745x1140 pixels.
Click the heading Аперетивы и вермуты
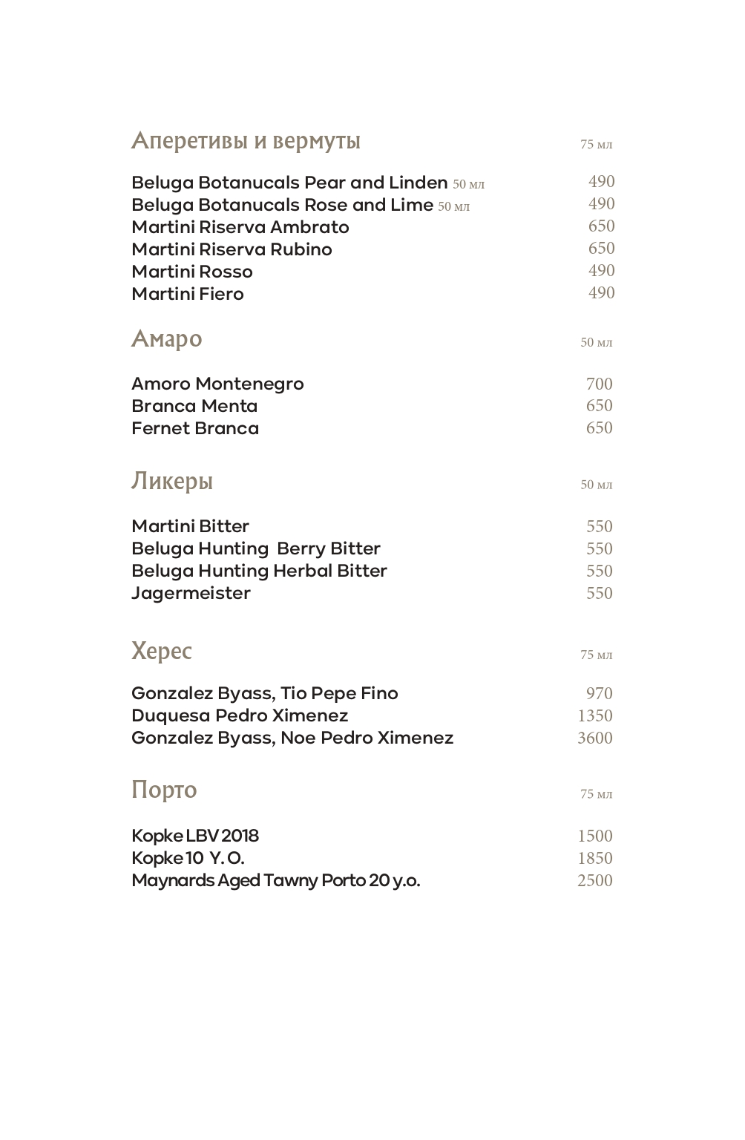click(246, 140)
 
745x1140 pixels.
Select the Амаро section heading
click(166, 338)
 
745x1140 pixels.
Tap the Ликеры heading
click(171, 481)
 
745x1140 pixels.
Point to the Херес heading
click(161, 651)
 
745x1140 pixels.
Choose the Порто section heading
click(163, 789)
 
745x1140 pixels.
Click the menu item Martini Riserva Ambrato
click(240, 227)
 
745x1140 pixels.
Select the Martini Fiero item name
click(187, 294)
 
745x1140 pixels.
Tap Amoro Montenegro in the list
click(217, 384)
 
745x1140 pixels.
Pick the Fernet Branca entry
click(194, 428)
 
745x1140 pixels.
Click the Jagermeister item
click(191, 593)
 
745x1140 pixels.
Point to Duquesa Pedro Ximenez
click(239, 715)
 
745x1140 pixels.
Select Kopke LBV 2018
click(194, 836)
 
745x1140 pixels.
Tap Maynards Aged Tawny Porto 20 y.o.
click(275, 880)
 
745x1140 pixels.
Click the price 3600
click(594, 738)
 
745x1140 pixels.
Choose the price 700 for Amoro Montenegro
click(599, 384)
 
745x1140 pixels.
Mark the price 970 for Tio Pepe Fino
click(599, 693)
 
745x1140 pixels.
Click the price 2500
click(594, 880)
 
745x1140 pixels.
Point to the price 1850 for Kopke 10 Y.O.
click(594, 858)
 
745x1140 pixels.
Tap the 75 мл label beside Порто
click(596, 794)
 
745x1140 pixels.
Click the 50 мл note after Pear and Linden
click(468, 184)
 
